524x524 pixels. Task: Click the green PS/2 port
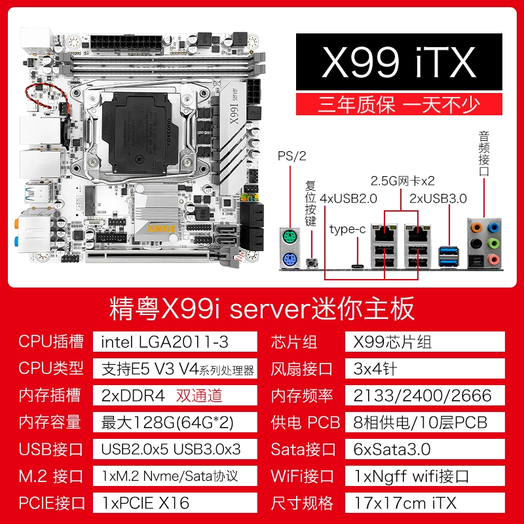pyautogui.click(x=290, y=238)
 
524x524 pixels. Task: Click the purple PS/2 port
pyautogui.click(x=290, y=259)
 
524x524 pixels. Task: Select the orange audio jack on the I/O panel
pyautogui.click(x=476, y=228)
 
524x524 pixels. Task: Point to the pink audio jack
pyautogui.click(x=493, y=259)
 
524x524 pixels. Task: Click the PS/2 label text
pyautogui.click(x=291, y=156)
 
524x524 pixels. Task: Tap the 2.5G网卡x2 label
pyautogui.click(x=402, y=181)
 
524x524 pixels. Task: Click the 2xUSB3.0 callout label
pyautogui.click(x=438, y=198)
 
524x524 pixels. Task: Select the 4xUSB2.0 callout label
pyautogui.click(x=348, y=198)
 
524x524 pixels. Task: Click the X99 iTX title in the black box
pyautogui.click(x=399, y=62)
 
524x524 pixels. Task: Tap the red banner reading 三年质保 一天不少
pyautogui.click(x=399, y=104)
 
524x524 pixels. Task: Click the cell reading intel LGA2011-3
pyautogui.click(x=175, y=341)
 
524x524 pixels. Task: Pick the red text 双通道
pyautogui.click(x=199, y=396)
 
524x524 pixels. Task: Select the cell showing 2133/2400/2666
pyautogui.click(x=424, y=396)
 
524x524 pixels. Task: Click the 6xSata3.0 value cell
pyautogui.click(x=424, y=449)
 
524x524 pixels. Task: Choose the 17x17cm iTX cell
pyautogui.click(x=424, y=502)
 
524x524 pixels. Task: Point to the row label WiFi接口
pyautogui.click(x=302, y=476)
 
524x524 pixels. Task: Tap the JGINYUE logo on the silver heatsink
pyautogui.click(x=161, y=229)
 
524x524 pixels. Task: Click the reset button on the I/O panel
pyautogui.click(x=312, y=263)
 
